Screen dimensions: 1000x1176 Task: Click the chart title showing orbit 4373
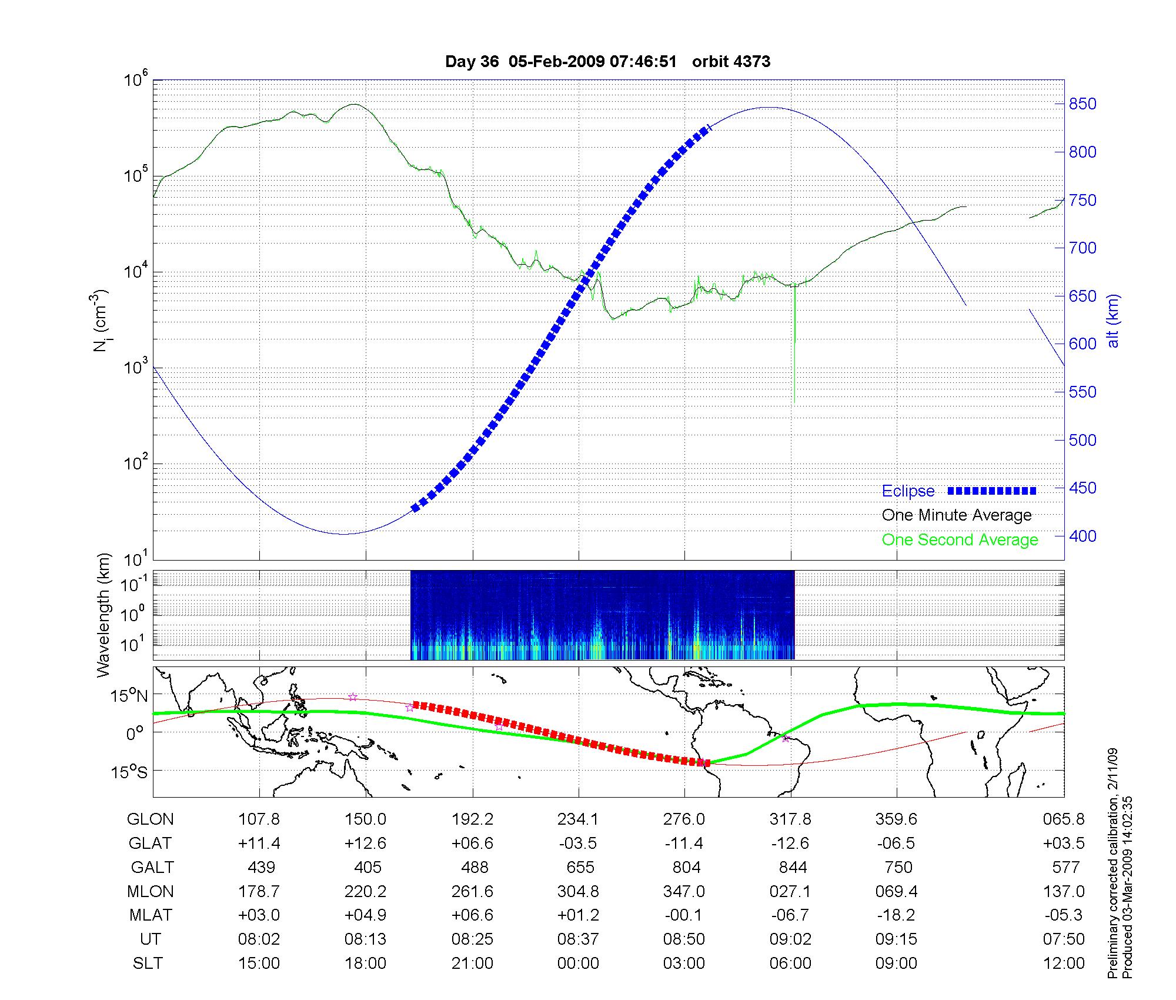[x=607, y=62]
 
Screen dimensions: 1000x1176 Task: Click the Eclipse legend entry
[x=908, y=491]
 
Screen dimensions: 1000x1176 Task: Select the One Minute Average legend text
[x=957, y=515]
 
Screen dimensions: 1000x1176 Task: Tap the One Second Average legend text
[x=960, y=540]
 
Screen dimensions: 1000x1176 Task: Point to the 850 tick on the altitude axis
[x=1083, y=104]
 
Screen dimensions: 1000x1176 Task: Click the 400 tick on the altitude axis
[x=1083, y=536]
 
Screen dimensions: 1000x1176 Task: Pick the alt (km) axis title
[x=1113, y=321]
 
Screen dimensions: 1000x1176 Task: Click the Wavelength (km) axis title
[x=103, y=615]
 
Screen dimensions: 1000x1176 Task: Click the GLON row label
[x=151, y=819]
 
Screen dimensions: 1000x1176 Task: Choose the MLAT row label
[x=151, y=915]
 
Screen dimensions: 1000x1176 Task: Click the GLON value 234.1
[x=578, y=819]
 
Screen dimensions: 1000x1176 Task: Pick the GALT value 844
[x=792, y=868]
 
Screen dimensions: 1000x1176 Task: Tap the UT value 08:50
[x=684, y=939]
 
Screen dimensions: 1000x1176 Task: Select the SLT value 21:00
[x=472, y=964]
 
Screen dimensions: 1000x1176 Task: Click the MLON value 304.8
[x=578, y=892]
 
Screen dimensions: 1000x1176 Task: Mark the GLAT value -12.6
[x=790, y=844]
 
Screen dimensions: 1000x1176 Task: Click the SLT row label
[x=148, y=964]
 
